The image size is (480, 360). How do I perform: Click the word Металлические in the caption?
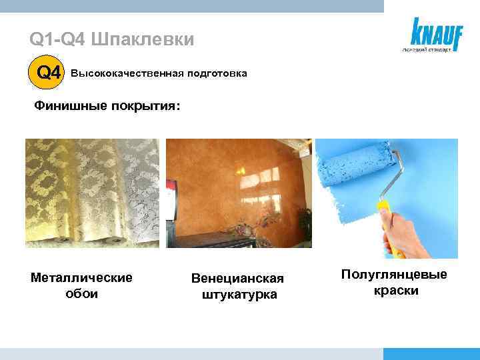tap(82, 277)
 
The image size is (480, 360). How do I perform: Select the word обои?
tap(82, 293)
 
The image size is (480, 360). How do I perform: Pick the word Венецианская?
tap(237, 278)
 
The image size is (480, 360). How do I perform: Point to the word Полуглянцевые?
tap(394, 275)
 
